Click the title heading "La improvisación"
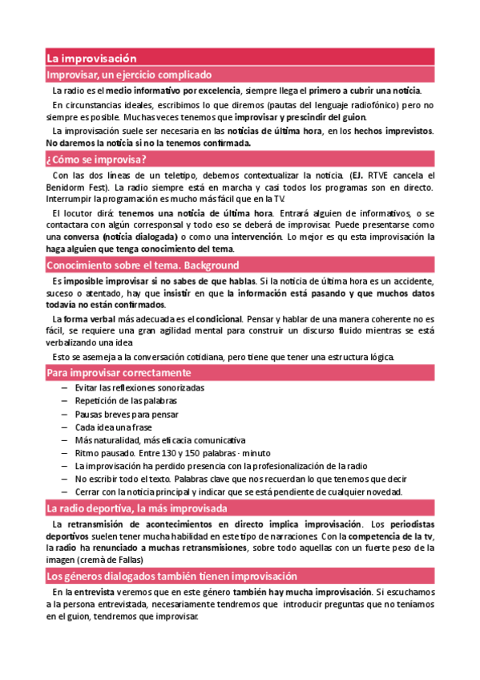click(92, 59)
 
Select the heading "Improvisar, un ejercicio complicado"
click(128, 75)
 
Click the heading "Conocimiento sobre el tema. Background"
click(143, 265)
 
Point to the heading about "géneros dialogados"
click(171, 577)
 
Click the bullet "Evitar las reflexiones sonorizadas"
click(139, 388)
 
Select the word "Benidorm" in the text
click(65, 187)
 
